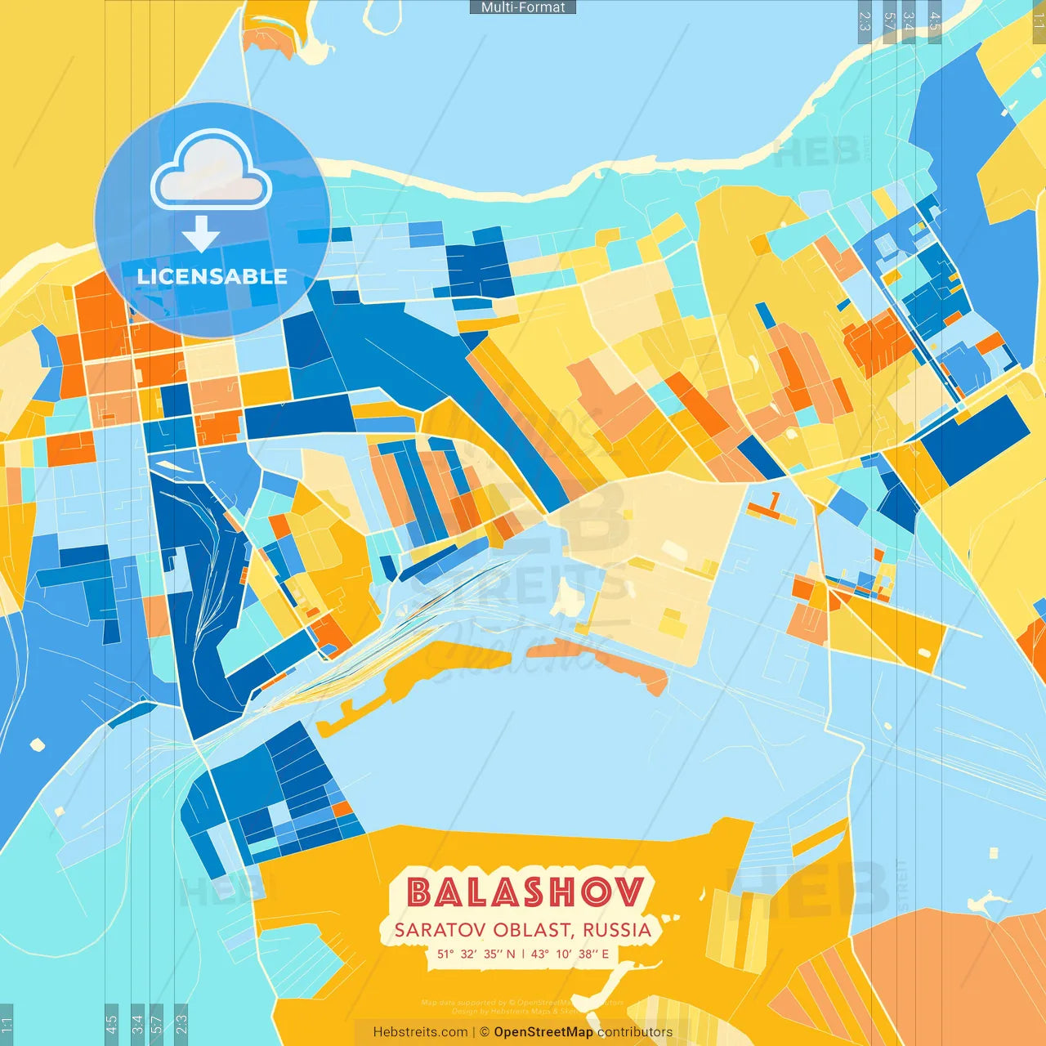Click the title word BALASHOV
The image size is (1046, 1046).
click(525, 892)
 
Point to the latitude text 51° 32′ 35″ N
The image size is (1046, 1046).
click(476, 954)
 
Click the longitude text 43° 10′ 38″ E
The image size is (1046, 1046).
click(570, 954)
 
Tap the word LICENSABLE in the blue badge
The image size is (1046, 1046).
click(212, 276)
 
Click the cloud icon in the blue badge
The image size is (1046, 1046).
click(212, 172)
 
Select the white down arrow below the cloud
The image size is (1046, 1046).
click(201, 234)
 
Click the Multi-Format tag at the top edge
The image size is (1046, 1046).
click(523, 7)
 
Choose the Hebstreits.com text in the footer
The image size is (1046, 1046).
click(420, 1032)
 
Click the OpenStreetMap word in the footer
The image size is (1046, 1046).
click(543, 1032)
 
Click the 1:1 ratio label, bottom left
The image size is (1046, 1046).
click(7, 1024)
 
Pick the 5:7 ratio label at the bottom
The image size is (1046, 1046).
click(157, 1024)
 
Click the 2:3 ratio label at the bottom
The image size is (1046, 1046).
click(181, 1024)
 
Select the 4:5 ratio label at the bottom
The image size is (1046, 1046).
click(111, 1024)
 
